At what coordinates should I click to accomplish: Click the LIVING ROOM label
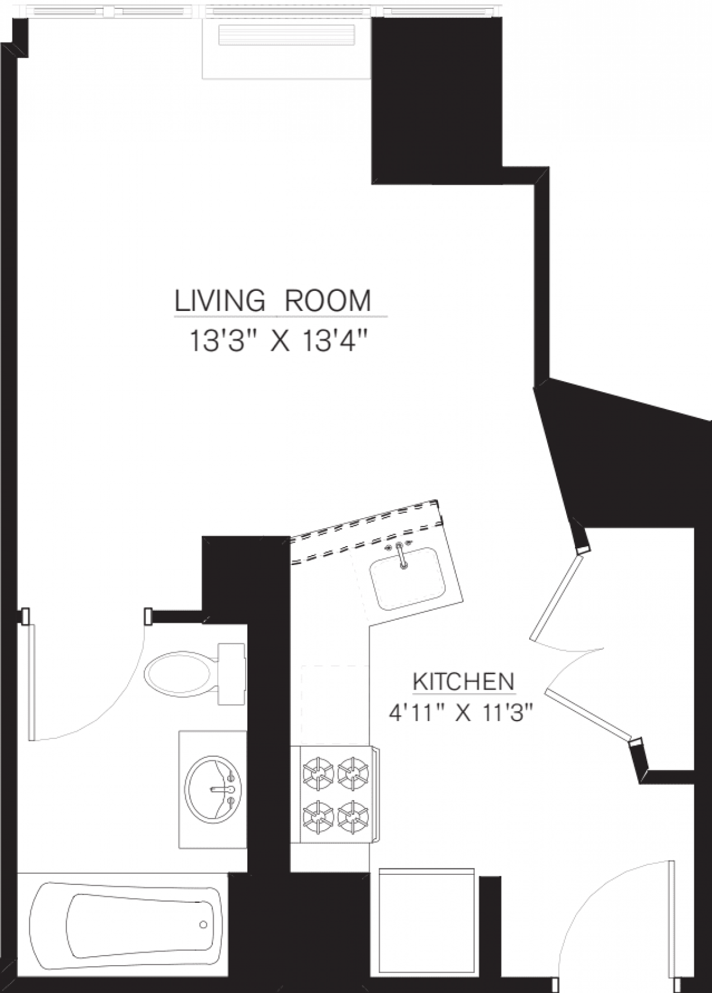click(273, 301)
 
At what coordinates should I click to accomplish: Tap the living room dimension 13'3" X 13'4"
click(280, 342)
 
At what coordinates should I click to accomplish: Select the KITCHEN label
click(463, 682)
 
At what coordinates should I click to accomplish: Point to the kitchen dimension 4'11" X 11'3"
click(458, 712)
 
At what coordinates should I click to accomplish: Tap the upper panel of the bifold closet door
click(555, 597)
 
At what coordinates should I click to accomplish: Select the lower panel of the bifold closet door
click(587, 715)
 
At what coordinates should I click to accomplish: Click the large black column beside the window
click(436, 98)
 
